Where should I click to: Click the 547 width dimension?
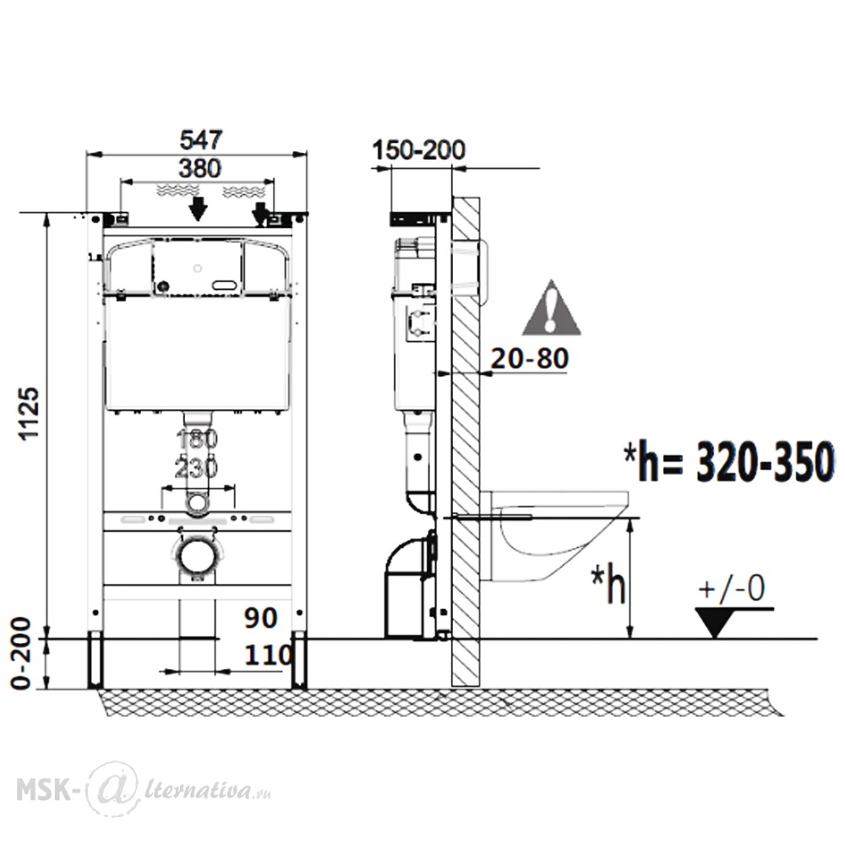coord(200,139)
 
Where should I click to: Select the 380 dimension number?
coord(199,169)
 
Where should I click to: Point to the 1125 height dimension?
coord(29,413)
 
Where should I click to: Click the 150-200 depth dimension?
coord(419,150)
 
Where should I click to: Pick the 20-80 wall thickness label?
coord(530,358)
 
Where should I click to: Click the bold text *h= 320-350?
coord(728,462)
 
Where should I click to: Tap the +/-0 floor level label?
coord(731,588)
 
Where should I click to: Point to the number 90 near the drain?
coord(261,619)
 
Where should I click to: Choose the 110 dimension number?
coord(269,656)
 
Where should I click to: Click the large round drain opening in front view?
coord(196,557)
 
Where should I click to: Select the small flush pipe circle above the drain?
coord(197,502)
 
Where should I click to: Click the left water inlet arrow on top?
coord(199,209)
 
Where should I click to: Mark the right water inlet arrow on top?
coord(260,213)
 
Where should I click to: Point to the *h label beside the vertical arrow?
coord(608,583)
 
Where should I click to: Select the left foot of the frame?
coord(95,660)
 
